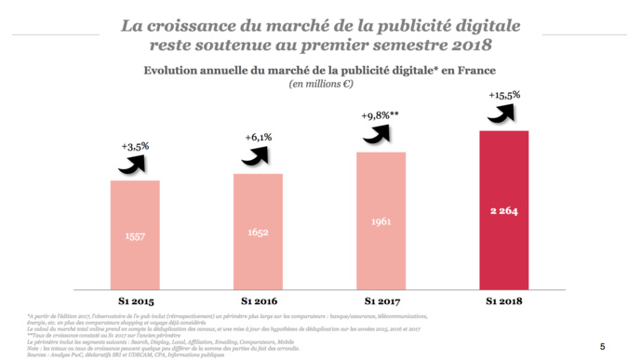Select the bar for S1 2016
258,228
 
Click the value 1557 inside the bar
135,236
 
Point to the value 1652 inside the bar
258,230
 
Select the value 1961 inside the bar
381,221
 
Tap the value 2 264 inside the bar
503,211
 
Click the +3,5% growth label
135,146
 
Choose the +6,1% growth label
259,137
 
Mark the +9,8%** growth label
381,115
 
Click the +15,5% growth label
503,95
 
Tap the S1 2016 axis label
258,300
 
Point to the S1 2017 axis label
381,300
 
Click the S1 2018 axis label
503,300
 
